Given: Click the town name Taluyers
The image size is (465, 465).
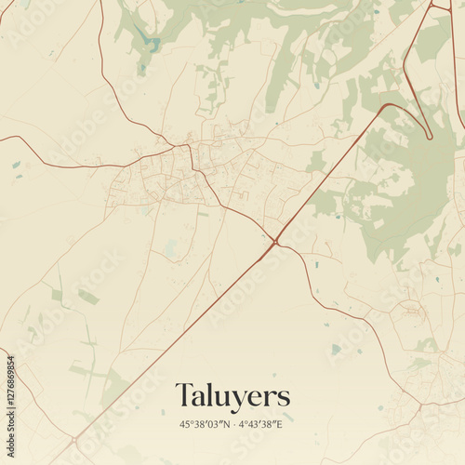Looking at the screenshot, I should pyautogui.click(x=232, y=394).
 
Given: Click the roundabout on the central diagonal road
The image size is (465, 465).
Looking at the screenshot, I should pyautogui.click(x=275, y=243).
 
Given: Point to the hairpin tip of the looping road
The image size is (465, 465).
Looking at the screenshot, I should pyautogui.click(x=430, y=137).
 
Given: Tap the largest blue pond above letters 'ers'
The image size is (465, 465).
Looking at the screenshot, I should pyautogui.click(x=336, y=350).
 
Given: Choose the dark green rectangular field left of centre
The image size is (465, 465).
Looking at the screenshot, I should pyautogui.click(x=87, y=297).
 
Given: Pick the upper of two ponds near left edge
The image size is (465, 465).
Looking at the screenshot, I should pyautogui.click(x=17, y=165).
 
